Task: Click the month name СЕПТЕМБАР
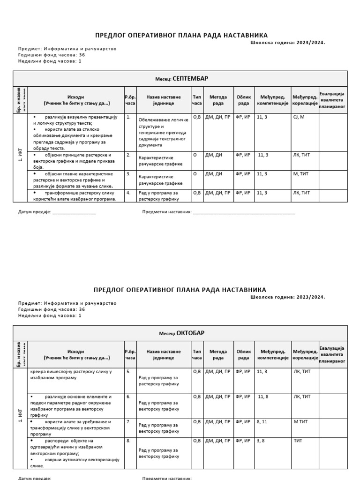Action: tap(190, 79)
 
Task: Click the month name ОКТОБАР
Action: tap(190, 333)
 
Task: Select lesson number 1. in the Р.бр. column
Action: tap(128, 117)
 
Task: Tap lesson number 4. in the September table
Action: tap(128, 193)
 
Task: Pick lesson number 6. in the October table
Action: tap(128, 397)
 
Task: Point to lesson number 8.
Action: tap(128, 441)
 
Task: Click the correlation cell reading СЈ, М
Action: tap(299, 117)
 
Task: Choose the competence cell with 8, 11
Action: tap(262, 422)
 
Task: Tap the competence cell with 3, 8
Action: tap(261, 441)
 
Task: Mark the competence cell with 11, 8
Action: tap(262, 397)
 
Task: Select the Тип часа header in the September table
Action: tap(197, 100)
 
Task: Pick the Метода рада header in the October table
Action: tap(218, 355)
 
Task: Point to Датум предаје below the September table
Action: tap(34, 212)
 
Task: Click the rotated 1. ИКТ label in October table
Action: tap(20, 414)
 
